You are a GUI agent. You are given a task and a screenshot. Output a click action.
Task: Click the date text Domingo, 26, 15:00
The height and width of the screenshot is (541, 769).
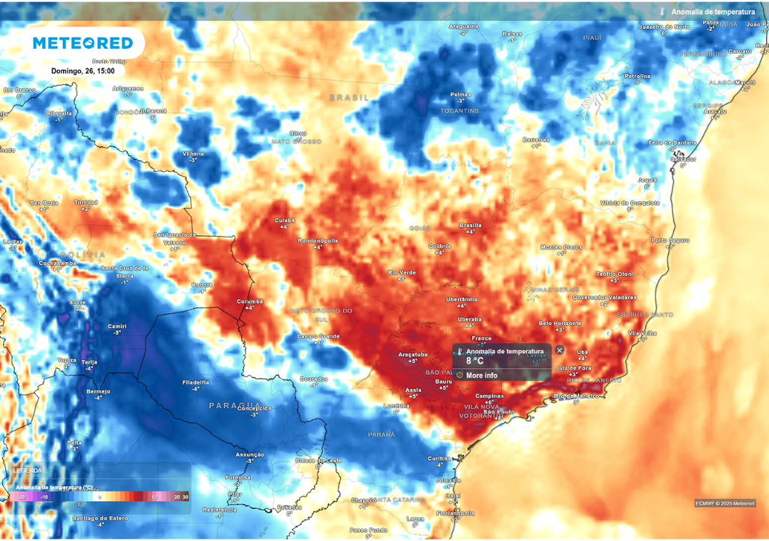tap(83, 71)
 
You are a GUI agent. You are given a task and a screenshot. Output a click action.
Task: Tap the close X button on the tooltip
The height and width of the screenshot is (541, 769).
tap(559, 350)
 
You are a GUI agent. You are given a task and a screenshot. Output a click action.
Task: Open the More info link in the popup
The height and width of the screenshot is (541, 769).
tap(481, 375)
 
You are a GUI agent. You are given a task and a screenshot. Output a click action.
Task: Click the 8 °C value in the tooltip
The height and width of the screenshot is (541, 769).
tap(475, 361)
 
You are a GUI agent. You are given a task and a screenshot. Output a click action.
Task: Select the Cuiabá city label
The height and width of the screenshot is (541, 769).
tap(285, 220)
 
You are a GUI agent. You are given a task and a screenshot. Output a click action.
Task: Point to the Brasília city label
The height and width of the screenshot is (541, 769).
tap(470, 225)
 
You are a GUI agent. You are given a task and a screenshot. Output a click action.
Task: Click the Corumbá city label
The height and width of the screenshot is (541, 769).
tap(250, 301)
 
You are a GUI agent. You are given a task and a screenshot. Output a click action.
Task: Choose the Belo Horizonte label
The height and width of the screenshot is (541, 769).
tap(560, 323)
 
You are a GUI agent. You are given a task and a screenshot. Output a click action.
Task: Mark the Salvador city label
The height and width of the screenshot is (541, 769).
tap(683, 159)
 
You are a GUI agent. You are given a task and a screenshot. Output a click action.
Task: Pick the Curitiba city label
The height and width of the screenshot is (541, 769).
tap(439, 458)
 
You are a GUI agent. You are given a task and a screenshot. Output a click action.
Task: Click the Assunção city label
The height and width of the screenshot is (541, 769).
tap(250, 455)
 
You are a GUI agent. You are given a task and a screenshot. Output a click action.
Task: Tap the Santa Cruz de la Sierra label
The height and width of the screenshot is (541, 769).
tap(125, 271)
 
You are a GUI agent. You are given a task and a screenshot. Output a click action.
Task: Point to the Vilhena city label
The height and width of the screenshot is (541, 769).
tap(193, 153)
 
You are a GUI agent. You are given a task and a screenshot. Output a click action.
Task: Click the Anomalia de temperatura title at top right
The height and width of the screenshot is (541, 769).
tap(713, 12)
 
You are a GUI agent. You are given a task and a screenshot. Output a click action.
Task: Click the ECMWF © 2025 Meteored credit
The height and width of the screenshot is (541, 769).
tap(725, 503)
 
